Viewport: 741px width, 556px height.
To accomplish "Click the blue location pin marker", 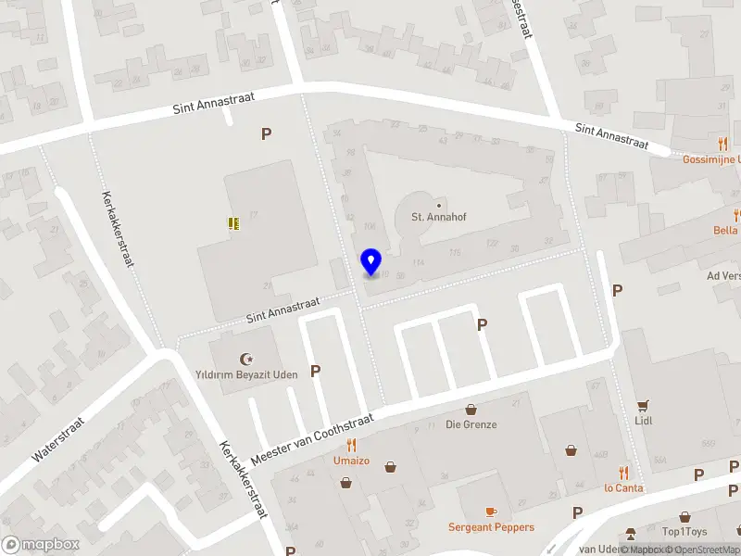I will click(371, 262).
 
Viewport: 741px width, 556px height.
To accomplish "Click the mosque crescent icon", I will click(246, 358).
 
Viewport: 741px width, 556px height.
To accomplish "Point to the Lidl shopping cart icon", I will click(643, 405).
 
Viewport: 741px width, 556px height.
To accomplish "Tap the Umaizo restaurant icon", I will click(352, 446).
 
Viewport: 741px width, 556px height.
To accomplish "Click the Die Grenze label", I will click(471, 424).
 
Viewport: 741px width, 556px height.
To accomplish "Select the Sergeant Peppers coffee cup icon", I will click(491, 512).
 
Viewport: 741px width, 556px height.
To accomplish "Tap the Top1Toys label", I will click(684, 532).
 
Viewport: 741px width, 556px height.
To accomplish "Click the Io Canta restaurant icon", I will click(623, 473).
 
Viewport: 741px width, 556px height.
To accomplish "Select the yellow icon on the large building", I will click(233, 222).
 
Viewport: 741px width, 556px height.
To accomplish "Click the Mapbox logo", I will click(41, 545).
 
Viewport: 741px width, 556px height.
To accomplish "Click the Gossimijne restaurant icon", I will click(722, 144).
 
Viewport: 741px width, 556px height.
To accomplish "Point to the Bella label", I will click(725, 231).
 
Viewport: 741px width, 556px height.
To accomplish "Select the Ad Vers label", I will click(723, 276).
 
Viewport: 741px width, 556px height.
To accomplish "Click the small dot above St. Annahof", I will click(438, 205).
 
